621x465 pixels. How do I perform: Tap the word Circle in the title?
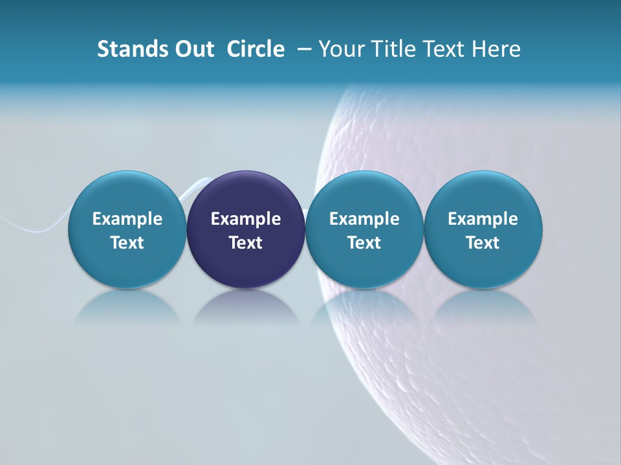256,49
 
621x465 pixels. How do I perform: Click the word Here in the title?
496,49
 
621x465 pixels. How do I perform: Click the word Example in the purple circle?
246,219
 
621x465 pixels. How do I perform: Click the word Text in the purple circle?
246,243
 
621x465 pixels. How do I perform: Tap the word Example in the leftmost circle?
127,219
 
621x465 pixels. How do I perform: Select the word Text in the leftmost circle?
127,243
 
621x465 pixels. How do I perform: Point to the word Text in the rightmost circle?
483,243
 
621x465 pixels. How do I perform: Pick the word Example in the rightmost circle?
483,219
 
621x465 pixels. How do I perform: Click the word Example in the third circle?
364,219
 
